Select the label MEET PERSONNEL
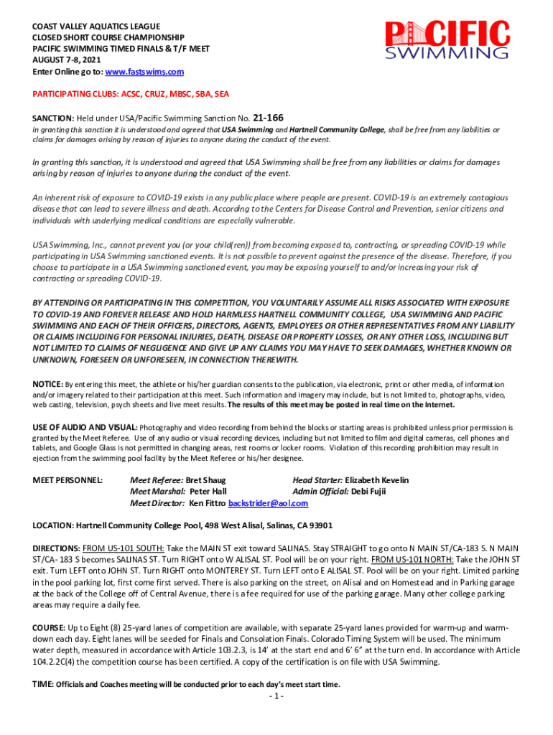click(x=68, y=479)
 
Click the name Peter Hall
click(x=208, y=491)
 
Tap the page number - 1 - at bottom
click(x=276, y=697)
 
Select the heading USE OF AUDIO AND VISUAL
click(x=84, y=427)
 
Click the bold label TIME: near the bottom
click(x=42, y=684)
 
